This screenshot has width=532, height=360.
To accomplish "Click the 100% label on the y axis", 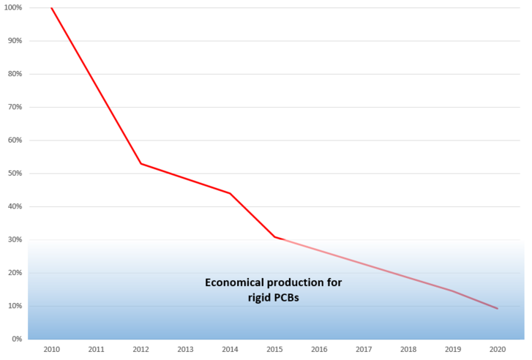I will (13, 7).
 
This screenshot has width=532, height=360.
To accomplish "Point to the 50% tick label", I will (15, 173).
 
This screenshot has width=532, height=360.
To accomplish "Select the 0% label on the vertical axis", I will (17, 339).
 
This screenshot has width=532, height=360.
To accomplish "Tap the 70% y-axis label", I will (15, 107).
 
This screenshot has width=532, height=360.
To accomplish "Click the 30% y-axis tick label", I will (15, 239).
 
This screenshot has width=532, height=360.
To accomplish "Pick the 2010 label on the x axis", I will (51, 350).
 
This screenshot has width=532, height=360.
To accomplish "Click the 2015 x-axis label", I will (274, 350).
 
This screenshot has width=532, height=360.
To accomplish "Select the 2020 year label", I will (498, 350).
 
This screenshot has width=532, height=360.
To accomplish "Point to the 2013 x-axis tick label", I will (185, 350).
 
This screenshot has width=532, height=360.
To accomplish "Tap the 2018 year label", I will (408, 350).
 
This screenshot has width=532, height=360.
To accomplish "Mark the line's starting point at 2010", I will (51, 7).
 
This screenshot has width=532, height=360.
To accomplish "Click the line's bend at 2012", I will (141, 163).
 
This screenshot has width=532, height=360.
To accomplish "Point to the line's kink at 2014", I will (230, 193).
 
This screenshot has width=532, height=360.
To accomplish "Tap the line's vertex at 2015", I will (274, 237).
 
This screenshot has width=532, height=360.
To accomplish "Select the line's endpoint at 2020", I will (498, 309).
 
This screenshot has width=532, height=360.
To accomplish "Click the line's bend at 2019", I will (453, 291).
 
